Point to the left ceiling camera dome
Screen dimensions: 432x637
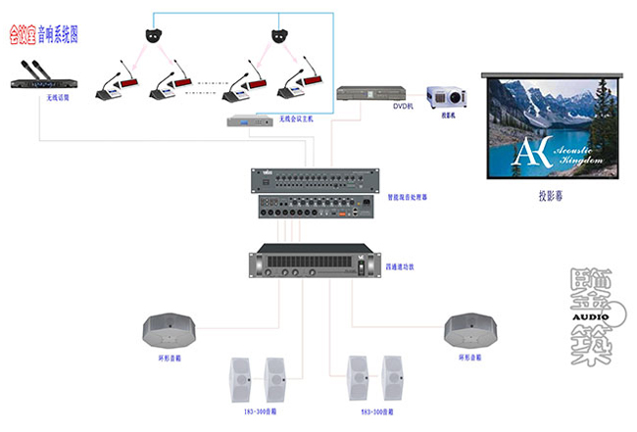(153, 34)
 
